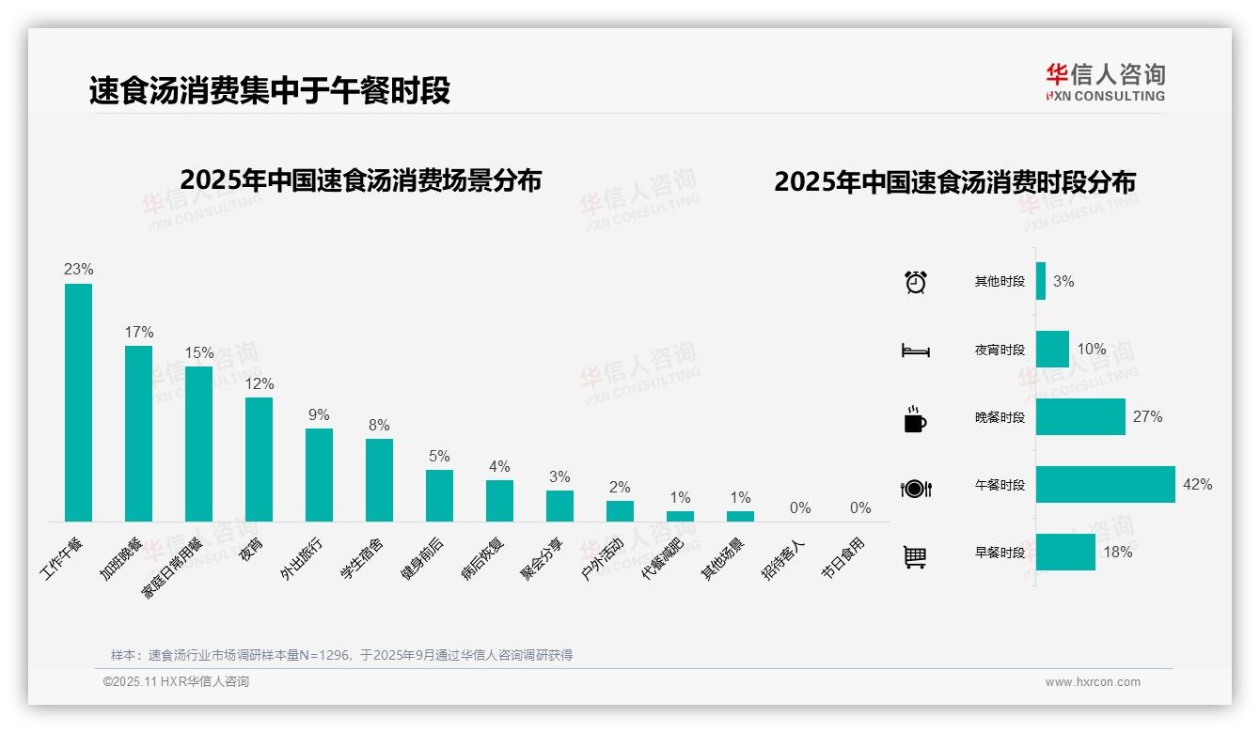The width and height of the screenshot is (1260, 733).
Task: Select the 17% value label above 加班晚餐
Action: [x=139, y=333]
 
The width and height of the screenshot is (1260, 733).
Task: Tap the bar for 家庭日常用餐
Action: [x=198, y=444]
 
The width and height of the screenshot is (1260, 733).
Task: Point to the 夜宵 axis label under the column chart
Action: [x=251, y=550]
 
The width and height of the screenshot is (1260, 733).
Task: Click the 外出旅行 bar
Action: [x=319, y=475]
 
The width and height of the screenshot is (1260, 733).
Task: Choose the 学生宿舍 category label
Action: [x=363, y=557]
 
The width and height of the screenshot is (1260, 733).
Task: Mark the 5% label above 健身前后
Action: [x=439, y=457]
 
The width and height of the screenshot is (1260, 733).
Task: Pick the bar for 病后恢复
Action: [x=499, y=501]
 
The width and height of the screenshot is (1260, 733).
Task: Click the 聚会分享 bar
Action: [x=559, y=506]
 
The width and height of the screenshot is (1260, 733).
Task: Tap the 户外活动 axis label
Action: [x=604, y=558]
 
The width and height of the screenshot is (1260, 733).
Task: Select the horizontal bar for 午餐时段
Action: [x=1105, y=485]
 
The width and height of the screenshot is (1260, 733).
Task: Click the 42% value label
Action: [x=1198, y=485]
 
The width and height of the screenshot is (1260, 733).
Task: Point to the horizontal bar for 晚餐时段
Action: [x=1080, y=417]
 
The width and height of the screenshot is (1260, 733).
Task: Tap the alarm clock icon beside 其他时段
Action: [x=916, y=282]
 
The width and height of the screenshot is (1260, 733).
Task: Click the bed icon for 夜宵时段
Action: [x=916, y=351]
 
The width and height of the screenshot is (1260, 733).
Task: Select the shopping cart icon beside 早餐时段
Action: [x=915, y=557]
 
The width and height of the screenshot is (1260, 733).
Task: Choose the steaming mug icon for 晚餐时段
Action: [x=915, y=419]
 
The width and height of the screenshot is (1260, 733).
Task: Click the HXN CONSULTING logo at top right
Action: [x=1105, y=83]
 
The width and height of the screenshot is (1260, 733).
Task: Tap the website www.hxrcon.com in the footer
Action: [x=1093, y=682]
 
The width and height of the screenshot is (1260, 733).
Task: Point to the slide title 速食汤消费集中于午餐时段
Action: [x=270, y=90]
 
